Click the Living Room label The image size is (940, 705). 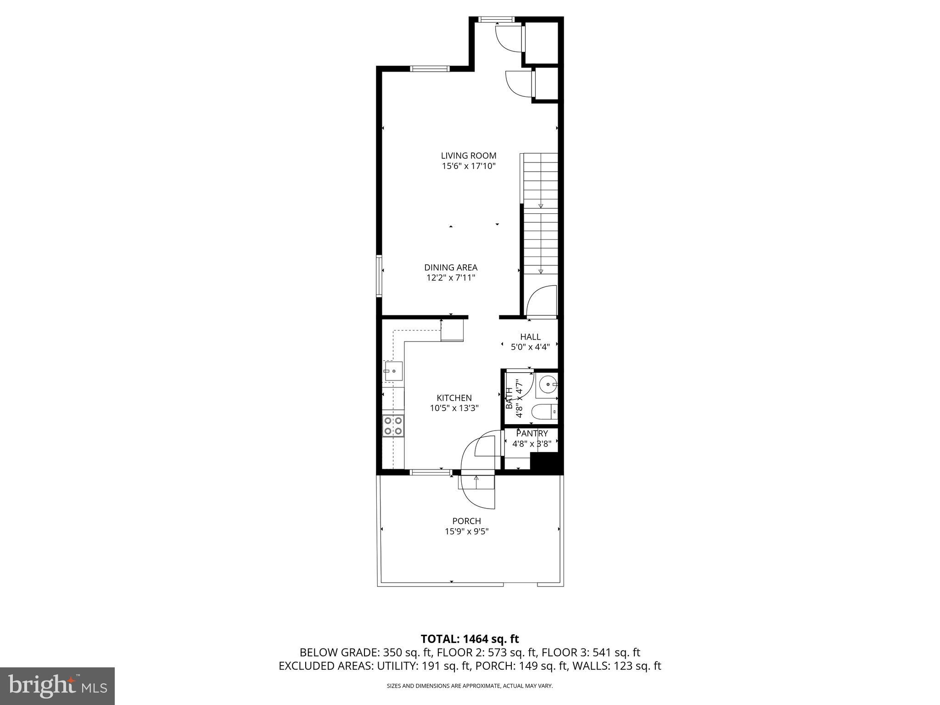(469, 156)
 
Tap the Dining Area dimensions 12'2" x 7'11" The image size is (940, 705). (451, 278)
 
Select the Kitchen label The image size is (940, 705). (454, 398)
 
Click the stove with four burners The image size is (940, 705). (393, 425)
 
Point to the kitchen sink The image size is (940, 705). (393, 370)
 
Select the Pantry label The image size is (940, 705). (532, 433)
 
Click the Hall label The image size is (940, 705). (530, 337)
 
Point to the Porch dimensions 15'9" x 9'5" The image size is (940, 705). (466, 532)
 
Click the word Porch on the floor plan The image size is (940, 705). (466, 521)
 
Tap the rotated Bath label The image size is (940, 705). (509, 398)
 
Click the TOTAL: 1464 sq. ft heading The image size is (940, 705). (470, 639)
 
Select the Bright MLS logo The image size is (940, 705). (57, 686)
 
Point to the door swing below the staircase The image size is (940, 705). (542, 302)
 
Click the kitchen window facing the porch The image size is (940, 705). (430, 472)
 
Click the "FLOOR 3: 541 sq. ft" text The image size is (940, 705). (591, 652)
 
